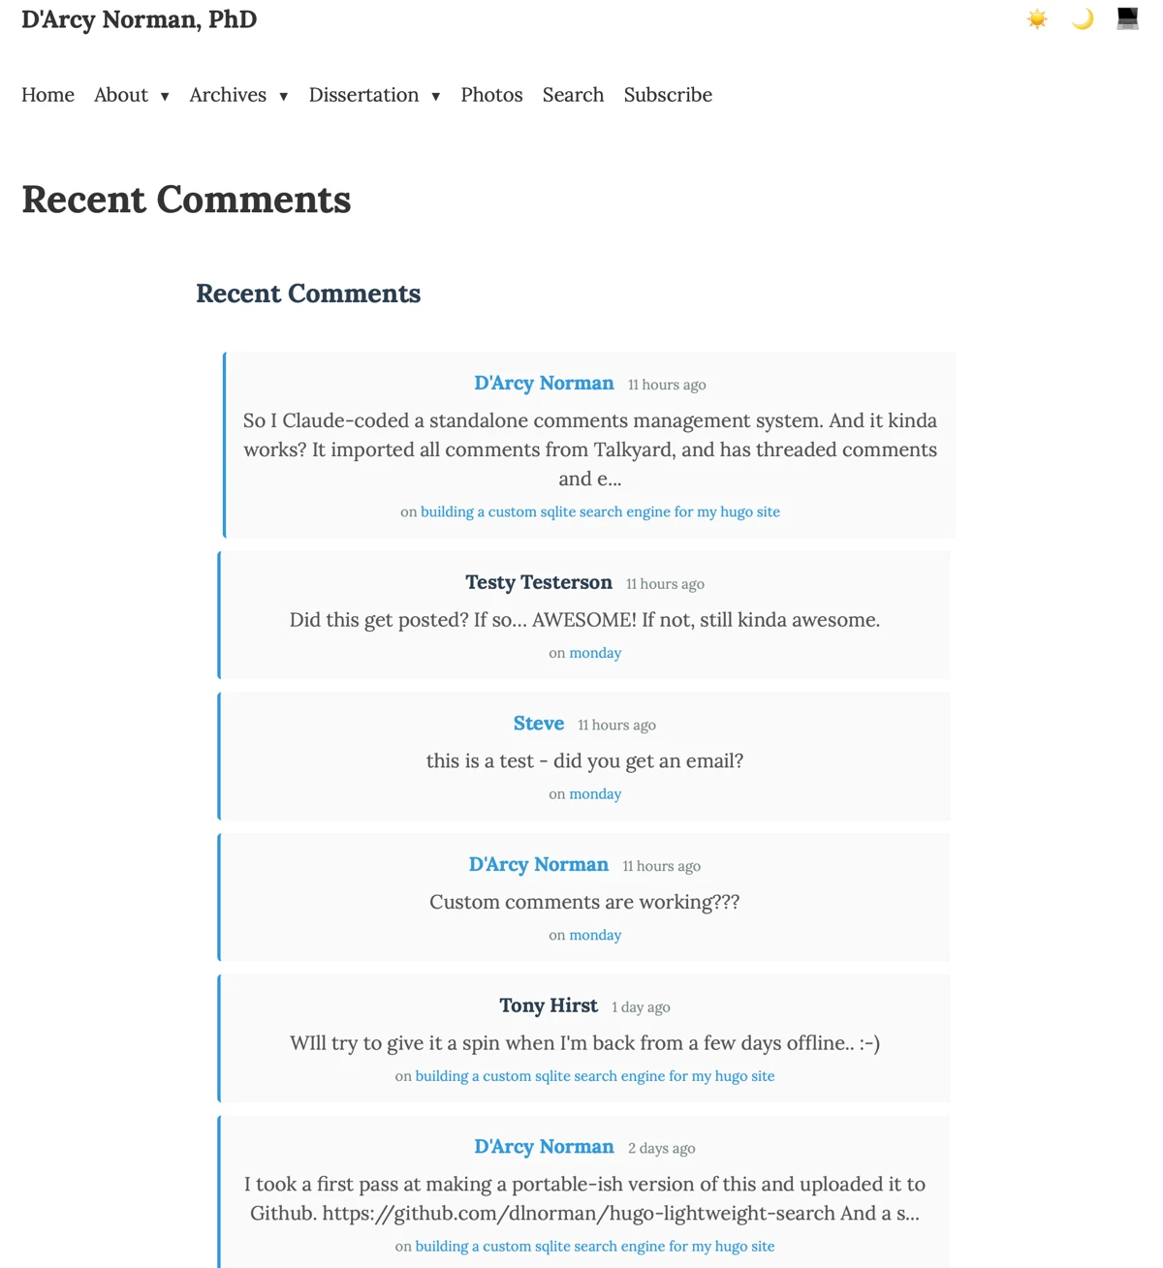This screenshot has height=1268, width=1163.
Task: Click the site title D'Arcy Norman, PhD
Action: pyautogui.click(x=139, y=20)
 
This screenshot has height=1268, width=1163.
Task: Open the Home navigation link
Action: pyautogui.click(x=47, y=95)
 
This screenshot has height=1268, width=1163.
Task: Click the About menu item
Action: pyautogui.click(x=121, y=95)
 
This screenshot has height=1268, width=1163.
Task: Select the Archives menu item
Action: pyautogui.click(x=228, y=95)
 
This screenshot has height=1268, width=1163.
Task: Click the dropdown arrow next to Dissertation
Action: pyautogui.click(x=436, y=96)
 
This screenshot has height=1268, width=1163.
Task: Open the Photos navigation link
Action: pyautogui.click(x=491, y=95)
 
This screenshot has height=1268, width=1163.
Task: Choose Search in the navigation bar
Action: pyautogui.click(x=573, y=95)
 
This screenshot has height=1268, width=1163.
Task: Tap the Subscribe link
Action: pyautogui.click(x=668, y=95)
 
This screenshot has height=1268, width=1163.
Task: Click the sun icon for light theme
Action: pyautogui.click(x=1037, y=19)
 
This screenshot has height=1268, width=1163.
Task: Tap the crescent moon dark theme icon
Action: pyautogui.click(x=1083, y=19)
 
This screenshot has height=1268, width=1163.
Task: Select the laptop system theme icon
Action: pyautogui.click(x=1127, y=19)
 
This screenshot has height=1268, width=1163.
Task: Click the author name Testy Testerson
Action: pyautogui.click(x=539, y=582)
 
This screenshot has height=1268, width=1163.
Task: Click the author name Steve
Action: pyautogui.click(x=539, y=724)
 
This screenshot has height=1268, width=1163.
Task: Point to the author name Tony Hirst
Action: pyautogui.click(x=549, y=1005)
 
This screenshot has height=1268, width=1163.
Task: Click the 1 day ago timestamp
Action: pyautogui.click(x=641, y=1007)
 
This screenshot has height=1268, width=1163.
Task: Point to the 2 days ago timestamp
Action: pyautogui.click(x=661, y=1148)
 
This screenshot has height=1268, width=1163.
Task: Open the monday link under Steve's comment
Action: pyautogui.click(x=595, y=794)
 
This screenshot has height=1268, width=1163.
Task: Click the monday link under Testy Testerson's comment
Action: pyautogui.click(x=595, y=653)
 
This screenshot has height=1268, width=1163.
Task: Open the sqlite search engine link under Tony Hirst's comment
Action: pyautogui.click(x=595, y=1076)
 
